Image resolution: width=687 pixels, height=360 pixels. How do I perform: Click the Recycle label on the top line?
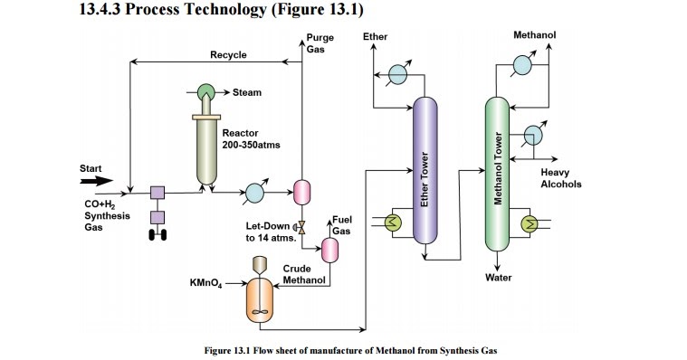point(228,55)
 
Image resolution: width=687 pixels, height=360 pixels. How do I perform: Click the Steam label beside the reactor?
point(247,92)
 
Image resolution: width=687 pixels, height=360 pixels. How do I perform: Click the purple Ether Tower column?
point(425,172)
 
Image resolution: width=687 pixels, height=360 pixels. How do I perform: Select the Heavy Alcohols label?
point(560,178)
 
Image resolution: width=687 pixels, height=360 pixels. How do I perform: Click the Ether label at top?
point(375,36)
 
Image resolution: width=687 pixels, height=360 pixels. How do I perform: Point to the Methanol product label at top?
point(534,35)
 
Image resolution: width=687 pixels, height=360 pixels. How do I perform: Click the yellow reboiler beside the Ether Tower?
point(394,221)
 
